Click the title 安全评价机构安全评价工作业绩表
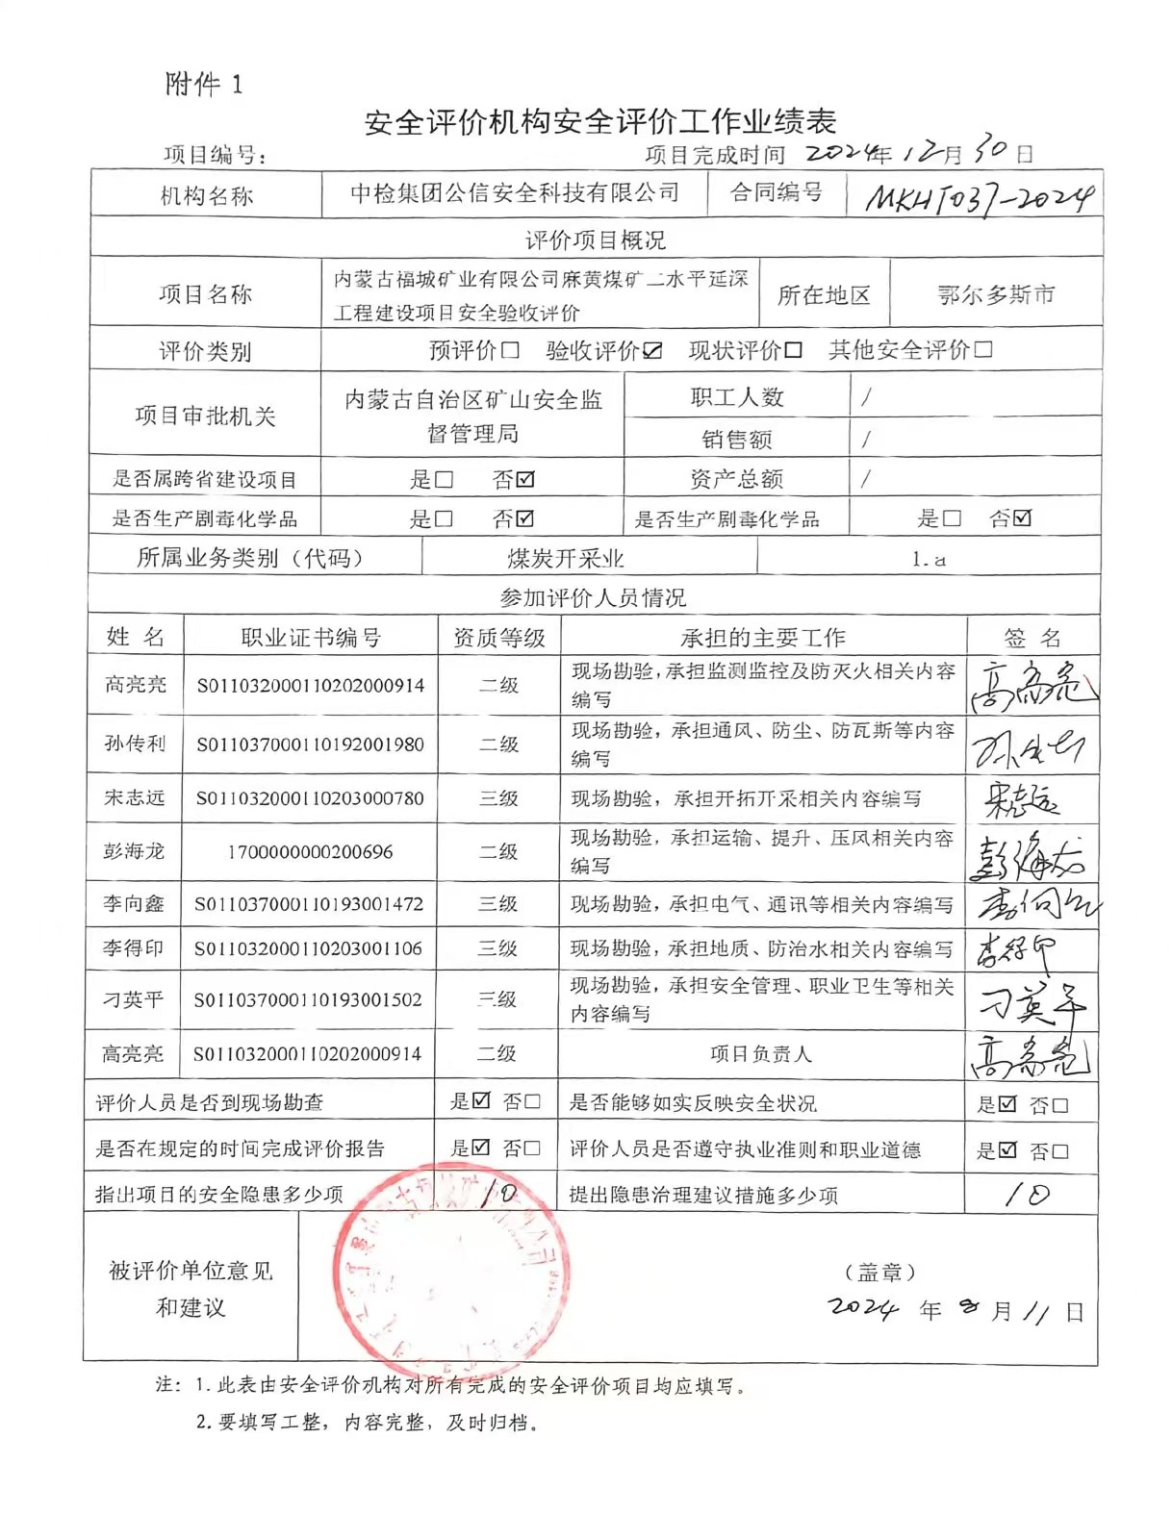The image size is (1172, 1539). (x=599, y=122)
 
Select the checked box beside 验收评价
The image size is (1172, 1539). (x=652, y=350)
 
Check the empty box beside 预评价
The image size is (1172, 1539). (x=510, y=350)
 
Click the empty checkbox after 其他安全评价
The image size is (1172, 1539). (x=982, y=349)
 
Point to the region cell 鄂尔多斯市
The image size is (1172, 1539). (x=996, y=294)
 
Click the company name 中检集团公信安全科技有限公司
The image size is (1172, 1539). (x=514, y=193)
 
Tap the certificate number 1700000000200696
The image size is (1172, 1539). (x=310, y=851)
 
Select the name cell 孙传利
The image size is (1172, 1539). (x=136, y=744)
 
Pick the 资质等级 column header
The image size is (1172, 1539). (x=498, y=638)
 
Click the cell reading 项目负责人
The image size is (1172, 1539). (x=760, y=1054)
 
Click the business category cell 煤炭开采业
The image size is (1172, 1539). (x=566, y=558)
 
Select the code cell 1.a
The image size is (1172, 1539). (x=929, y=559)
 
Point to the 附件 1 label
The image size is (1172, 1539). (x=204, y=85)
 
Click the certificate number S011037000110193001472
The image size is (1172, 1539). (x=308, y=904)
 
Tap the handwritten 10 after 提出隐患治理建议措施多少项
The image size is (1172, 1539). (x=1027, y=1195)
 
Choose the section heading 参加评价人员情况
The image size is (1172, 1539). (x=593, y=598)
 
